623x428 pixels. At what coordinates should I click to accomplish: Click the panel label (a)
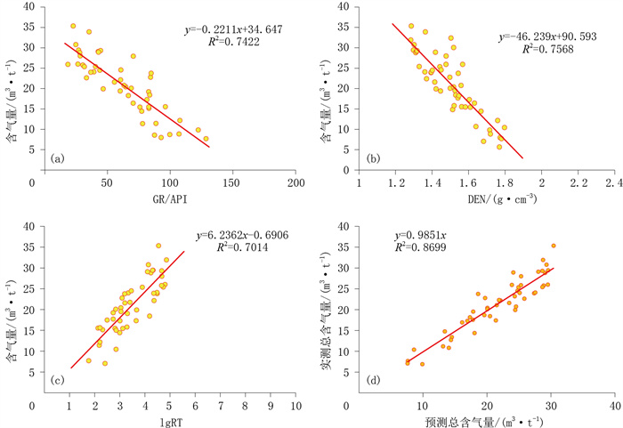point(59,159)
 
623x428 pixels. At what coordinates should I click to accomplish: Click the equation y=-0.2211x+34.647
point(234,29)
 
